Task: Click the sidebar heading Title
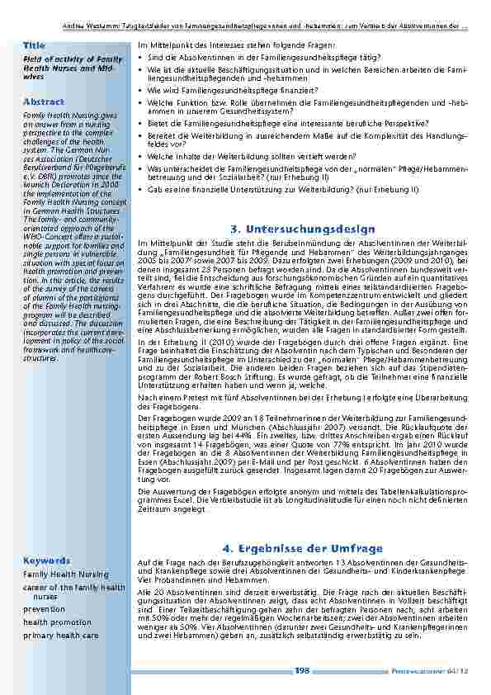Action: (x=35, y=44)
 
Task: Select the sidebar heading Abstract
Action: (x=43, y=101)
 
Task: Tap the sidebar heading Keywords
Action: (x=47, y=560)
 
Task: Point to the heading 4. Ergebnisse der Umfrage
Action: (x=303, y=548)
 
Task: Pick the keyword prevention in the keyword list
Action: (x=45, y=609)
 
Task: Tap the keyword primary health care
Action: (x=60, y=636)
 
